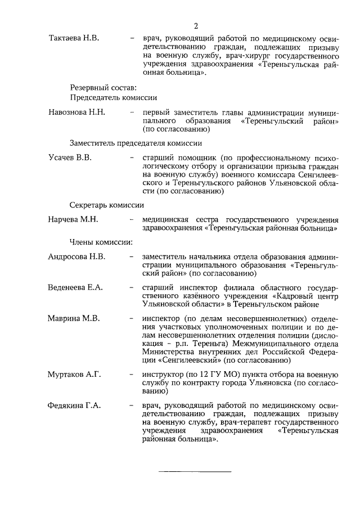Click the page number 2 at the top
click(x=196, y=26)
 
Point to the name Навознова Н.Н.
click(x=77, y=112)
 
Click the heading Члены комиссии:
click(x=101, y=242)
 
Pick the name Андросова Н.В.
click(x=76, y=256)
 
